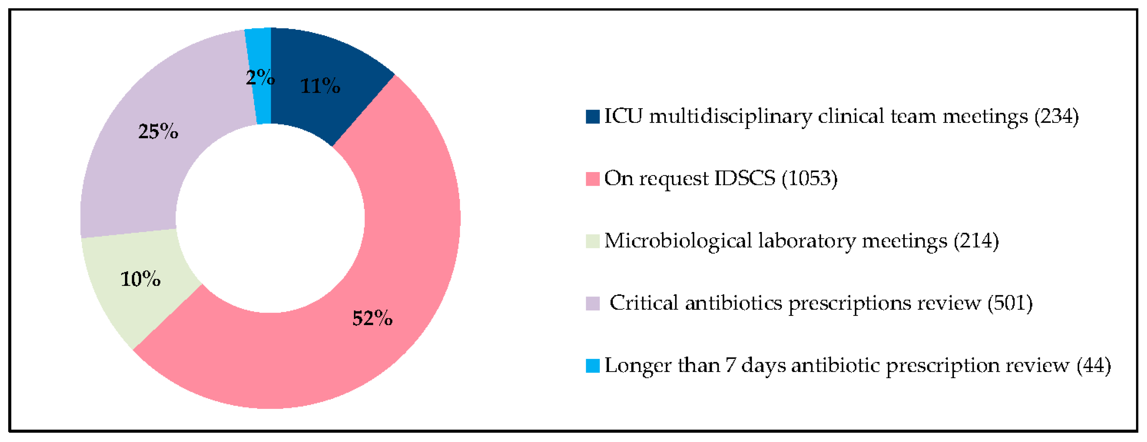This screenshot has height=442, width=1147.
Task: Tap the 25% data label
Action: (158, 132)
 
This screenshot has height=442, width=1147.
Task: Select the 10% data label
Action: (140, 279)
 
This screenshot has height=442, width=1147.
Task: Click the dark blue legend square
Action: (592, 117)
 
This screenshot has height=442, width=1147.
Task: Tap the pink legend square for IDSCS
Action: (592, 179)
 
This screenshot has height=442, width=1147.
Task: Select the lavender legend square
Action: (592, 303)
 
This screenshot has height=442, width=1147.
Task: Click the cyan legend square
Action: (592, 366)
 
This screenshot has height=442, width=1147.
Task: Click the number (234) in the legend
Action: (1056, 117)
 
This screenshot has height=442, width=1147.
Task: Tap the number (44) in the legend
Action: (1094, 366)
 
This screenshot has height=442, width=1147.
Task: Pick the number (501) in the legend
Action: (1010, 303)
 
